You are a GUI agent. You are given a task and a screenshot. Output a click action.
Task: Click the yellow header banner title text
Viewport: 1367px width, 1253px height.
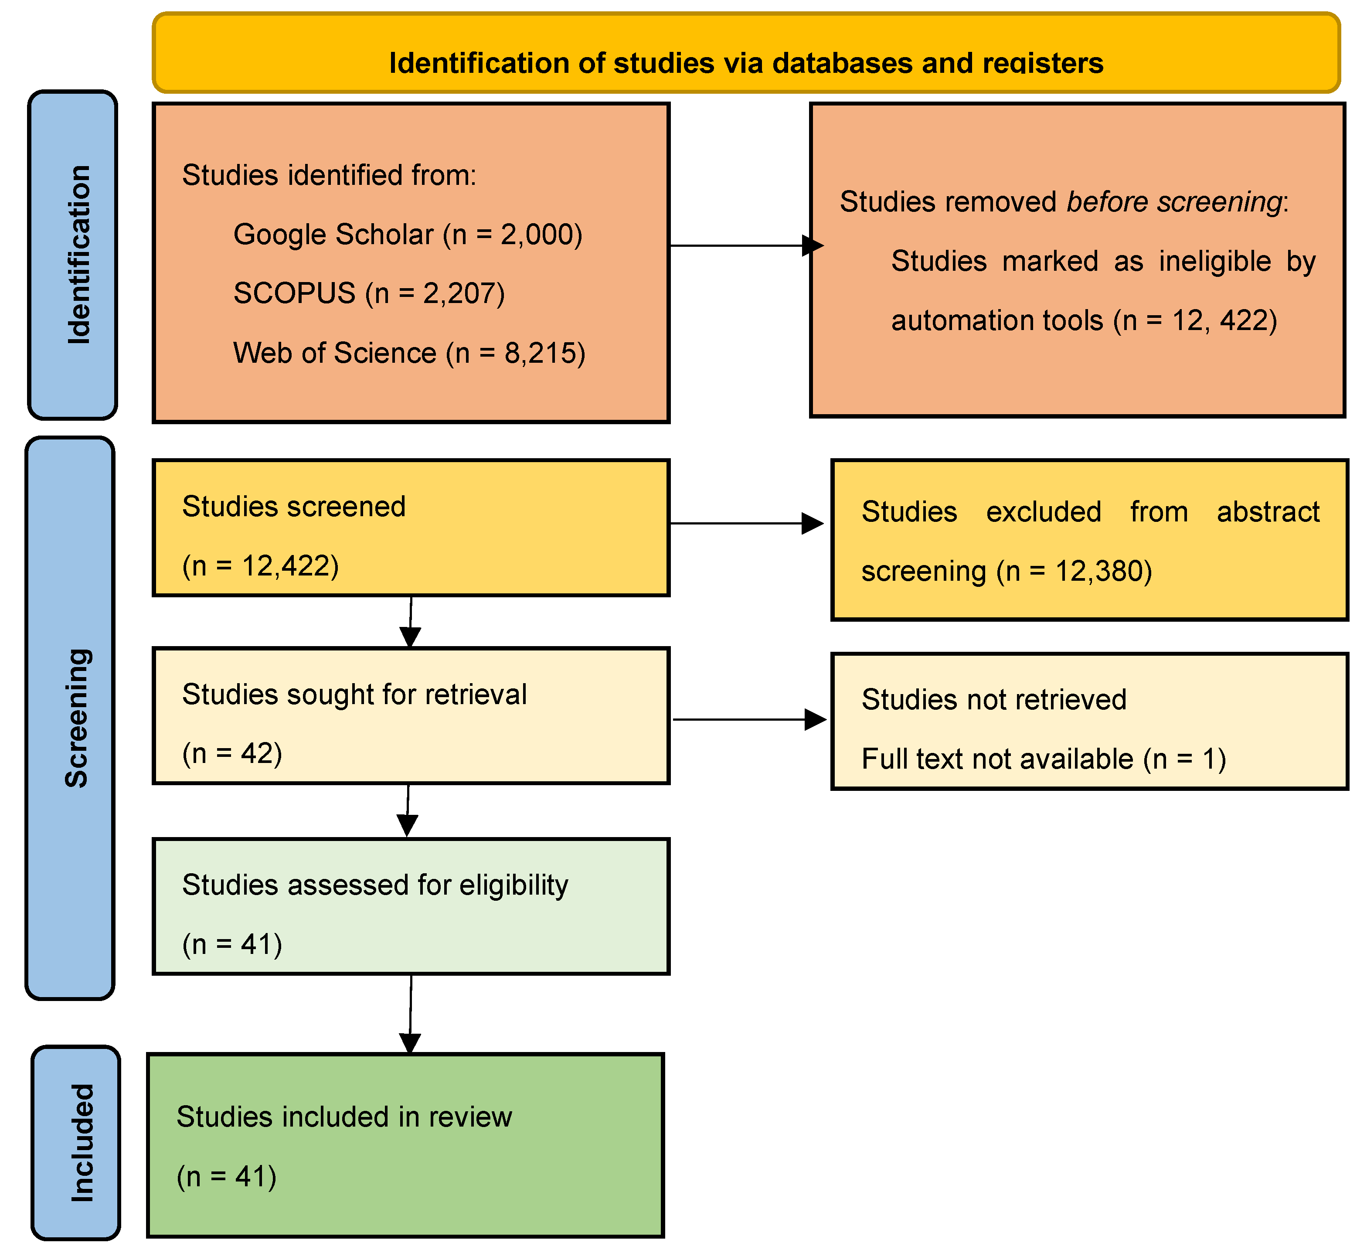pyautogui.click(x=746, y=63)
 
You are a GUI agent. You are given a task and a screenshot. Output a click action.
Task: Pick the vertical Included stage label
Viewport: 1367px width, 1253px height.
pyautogui.click(x=82, y=1143)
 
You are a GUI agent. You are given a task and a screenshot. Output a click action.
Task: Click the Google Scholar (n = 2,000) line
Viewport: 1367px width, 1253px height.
pyautogui.click(x=408, y=235)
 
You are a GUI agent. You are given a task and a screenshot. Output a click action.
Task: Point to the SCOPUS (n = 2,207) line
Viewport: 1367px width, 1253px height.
pyautogui.click(x=369, y=293)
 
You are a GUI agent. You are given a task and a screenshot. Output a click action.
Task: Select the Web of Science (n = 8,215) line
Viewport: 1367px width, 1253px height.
pyautogui.click(x=409, y=353)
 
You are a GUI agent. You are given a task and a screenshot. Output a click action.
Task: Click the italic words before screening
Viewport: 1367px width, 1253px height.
pyautogui.click(x=1173, y=202)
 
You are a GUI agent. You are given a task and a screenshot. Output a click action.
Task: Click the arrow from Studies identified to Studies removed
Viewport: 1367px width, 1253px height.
pyautogui.click(x=746, y=245)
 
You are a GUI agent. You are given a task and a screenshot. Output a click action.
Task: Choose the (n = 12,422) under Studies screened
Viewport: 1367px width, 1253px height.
pyautogui.click(x=260, y=565)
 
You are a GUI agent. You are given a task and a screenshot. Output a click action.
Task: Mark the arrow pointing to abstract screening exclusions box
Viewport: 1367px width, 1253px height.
pyautogui.click(x=746, y=524)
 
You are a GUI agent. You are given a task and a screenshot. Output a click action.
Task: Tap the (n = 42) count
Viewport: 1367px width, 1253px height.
pyautogui.click(x=232, y=753)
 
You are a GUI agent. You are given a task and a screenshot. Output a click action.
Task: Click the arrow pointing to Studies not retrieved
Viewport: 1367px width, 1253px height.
pyautogui.click(x=749, y=719)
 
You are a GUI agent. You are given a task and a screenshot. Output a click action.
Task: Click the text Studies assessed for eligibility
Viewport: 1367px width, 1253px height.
pyautogui.click(x=375, y=885)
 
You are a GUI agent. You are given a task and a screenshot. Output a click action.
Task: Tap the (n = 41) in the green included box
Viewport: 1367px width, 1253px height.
pyautogui.click(x=227, y=1176)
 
